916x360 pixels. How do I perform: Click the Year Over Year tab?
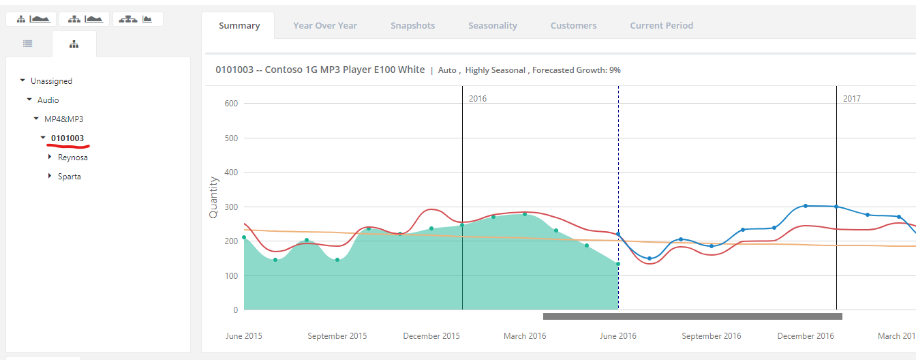325,25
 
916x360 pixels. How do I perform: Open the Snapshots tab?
412,25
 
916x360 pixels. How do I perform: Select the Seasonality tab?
493,25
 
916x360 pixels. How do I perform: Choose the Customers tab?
573,25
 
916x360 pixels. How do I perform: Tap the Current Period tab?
662,25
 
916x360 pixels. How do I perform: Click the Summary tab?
239,25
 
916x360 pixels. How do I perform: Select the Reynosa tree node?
73,157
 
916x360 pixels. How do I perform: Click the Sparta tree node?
69,177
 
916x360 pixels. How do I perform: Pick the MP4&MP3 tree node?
64,119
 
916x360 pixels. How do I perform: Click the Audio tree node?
48,100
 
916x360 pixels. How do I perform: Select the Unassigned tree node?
52,81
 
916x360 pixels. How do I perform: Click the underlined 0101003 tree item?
67,138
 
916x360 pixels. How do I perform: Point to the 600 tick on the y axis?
231,104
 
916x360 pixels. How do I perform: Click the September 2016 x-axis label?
711,336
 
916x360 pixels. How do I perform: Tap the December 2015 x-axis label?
431,336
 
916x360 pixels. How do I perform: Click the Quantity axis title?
213,198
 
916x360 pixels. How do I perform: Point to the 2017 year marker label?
852,99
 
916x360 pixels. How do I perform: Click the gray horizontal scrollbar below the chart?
692,316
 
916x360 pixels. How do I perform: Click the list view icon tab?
28,44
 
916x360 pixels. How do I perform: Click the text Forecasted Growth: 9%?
577,70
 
